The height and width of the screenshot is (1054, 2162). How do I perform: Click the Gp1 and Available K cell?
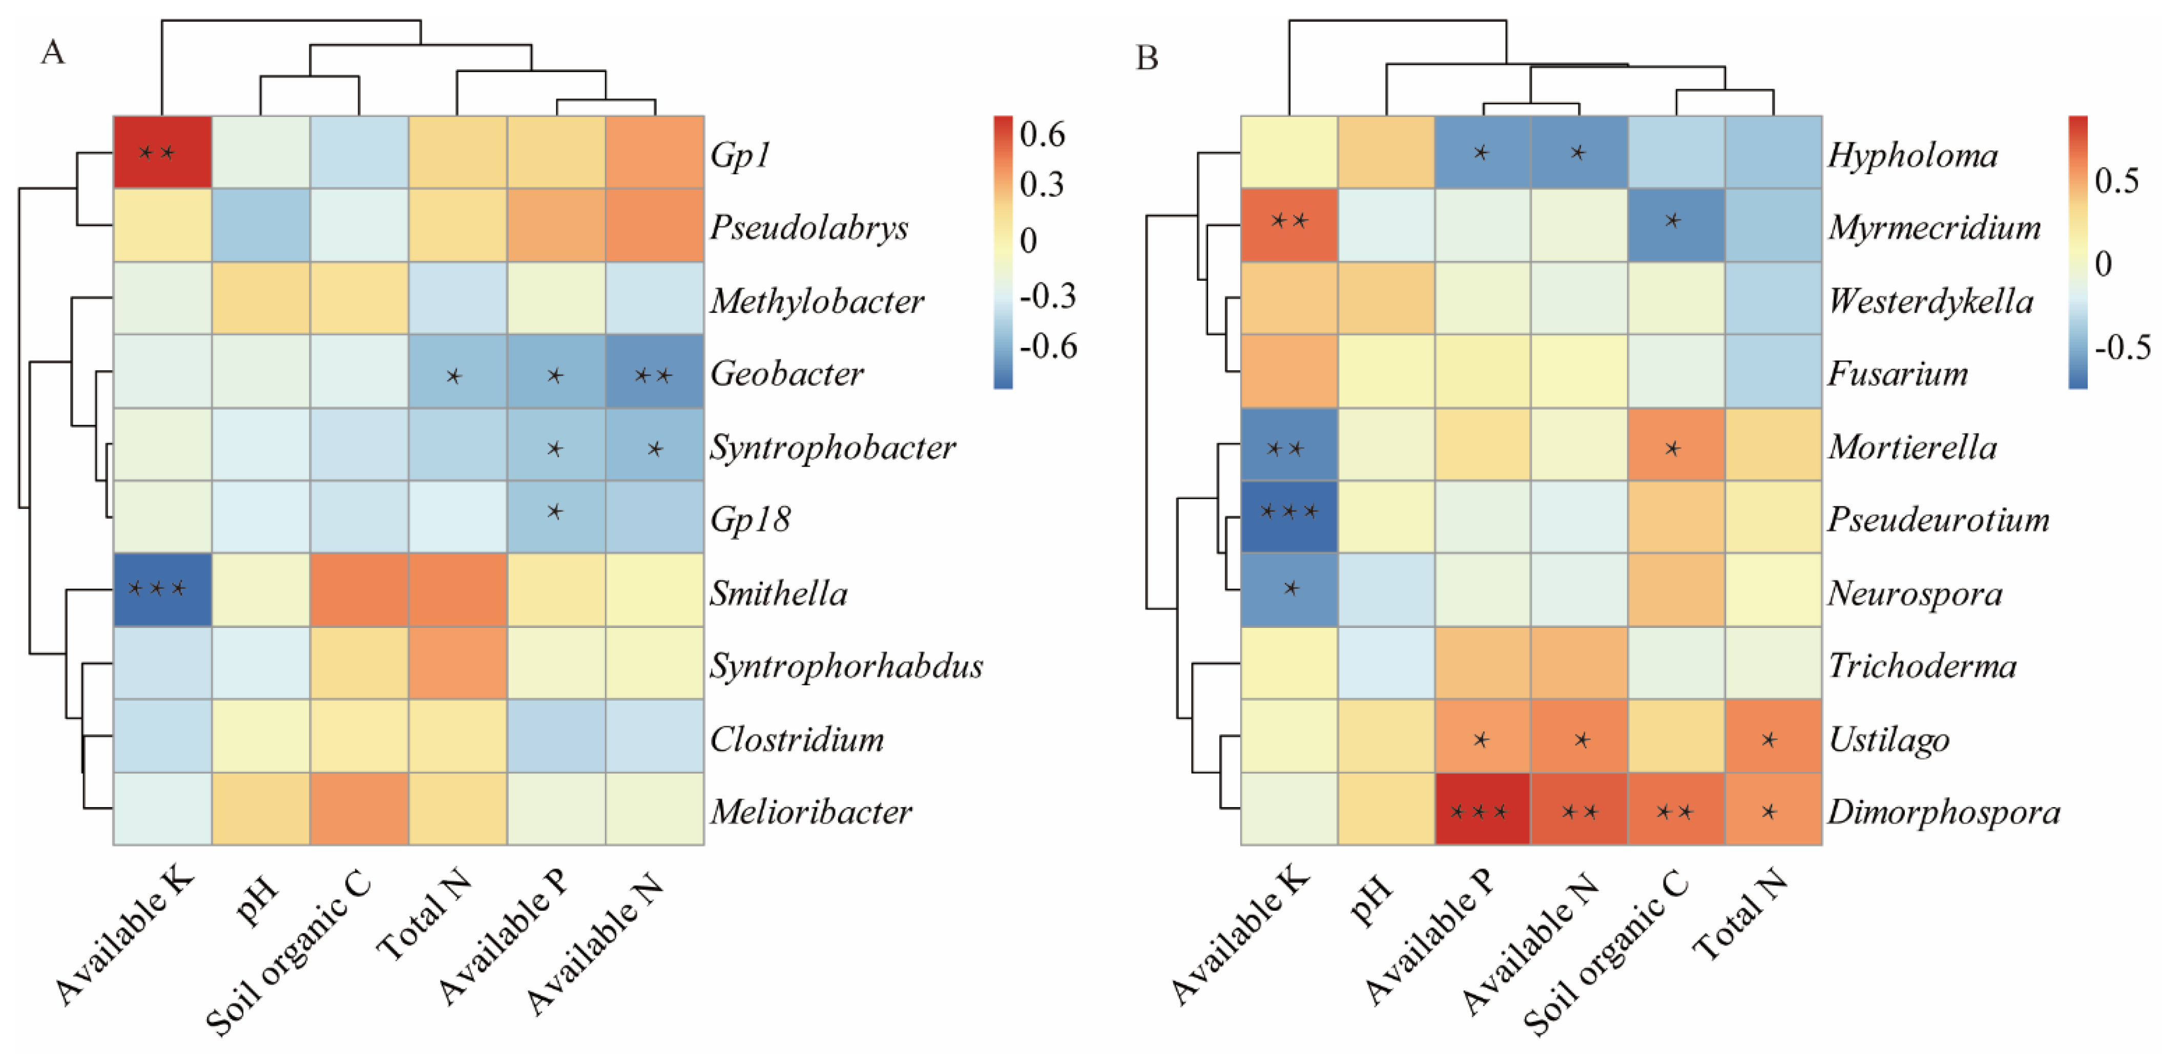[162, 152]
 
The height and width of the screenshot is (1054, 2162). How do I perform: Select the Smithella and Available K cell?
[162, 589]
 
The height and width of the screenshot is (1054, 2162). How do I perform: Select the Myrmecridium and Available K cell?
[1288, 225]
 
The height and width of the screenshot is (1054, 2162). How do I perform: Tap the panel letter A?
[52, 52]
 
